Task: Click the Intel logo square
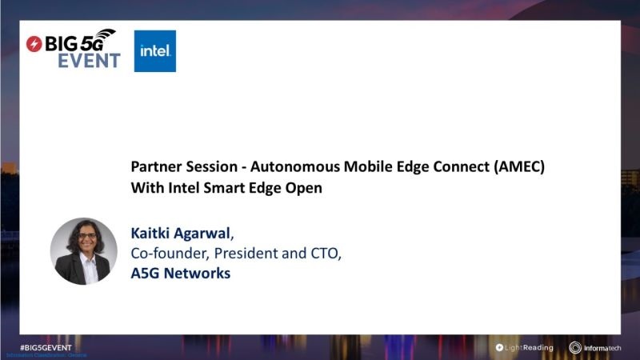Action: [x=154, y=51]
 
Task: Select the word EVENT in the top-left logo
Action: [x=89, y=61]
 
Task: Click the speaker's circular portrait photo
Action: [x=84, y=251]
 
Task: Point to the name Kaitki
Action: [x=151, y=234]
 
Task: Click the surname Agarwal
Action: [x=202, y=234]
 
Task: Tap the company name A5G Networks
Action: [x=180, y=274]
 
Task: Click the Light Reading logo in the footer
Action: [x=526, y=347]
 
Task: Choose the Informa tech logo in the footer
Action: [x=597, y=347]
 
